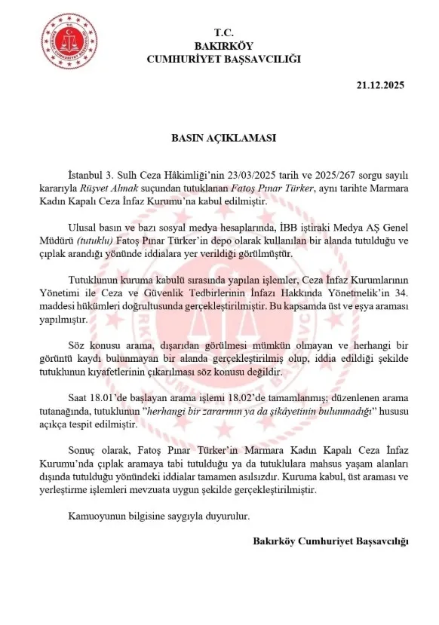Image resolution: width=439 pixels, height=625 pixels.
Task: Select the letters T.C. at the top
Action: pyautogui.click(x=224, y=32)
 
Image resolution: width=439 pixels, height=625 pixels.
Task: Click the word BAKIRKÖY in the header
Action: pyautogui.click(x=224, y=45)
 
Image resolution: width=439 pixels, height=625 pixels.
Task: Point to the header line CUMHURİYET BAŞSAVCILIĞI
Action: pyautogui.click(x=224, y=58)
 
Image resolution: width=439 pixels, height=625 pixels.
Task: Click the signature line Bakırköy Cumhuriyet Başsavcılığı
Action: pyautogui.click(x=330, y=541)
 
